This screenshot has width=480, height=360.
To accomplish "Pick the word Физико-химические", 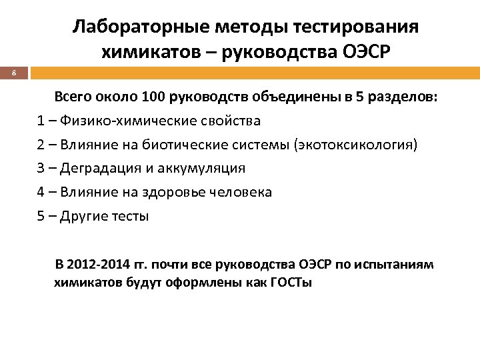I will point(115,121).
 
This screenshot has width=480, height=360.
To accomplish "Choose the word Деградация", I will point(97,169).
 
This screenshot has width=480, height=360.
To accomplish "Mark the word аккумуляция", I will point(203,169).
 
